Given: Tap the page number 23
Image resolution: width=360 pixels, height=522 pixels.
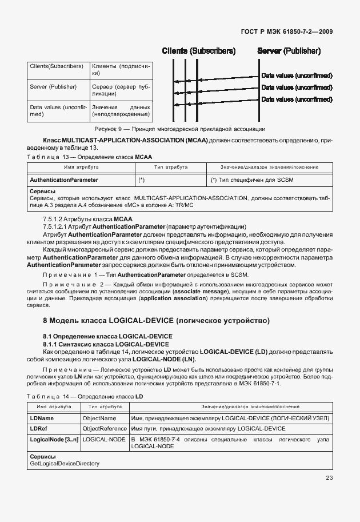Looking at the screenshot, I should [329, 478].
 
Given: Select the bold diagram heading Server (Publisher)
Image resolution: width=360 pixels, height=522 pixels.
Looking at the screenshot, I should [289, 51].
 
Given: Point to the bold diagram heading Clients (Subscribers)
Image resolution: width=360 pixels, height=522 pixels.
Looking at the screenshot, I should [198, 51].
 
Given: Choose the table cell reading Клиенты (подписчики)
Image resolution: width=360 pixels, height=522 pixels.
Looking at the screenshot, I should [121, 70].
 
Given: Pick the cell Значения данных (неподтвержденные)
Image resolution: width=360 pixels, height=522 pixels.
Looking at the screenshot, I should [121, 111].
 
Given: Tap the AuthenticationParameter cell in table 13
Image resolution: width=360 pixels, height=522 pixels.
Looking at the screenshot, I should [64, 180].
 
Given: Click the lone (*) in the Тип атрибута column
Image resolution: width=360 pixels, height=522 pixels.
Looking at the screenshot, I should [141, 180].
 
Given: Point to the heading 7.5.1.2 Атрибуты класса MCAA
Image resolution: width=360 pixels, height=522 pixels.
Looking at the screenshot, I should [87, 219].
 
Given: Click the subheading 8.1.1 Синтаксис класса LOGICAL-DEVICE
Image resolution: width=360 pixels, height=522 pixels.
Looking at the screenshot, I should [106, 344].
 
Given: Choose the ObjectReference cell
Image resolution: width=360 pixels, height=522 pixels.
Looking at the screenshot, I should [105, 428].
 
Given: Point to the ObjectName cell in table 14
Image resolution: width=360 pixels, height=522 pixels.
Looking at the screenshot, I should [99, 419].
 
